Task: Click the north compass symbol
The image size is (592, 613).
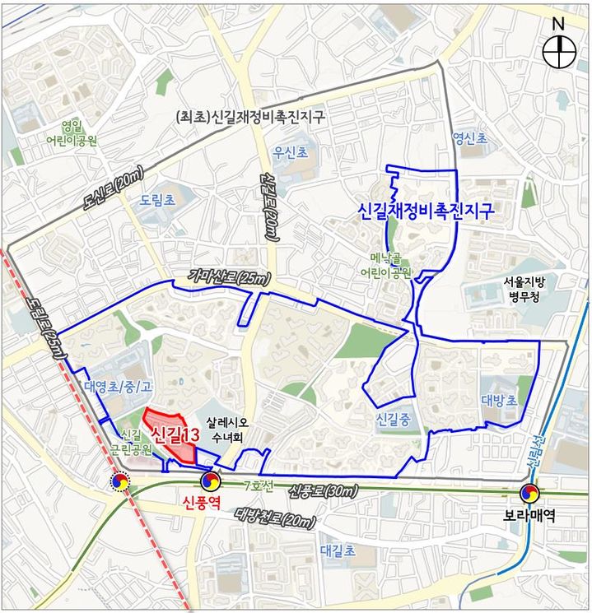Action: click(559, 52)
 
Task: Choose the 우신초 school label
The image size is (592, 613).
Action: click(291, 152)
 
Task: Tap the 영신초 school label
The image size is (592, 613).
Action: click(470, 139)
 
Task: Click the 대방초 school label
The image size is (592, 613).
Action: click(499, 401)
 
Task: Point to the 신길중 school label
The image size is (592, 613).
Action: click(393, 419)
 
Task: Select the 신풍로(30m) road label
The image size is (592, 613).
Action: click(324, 491)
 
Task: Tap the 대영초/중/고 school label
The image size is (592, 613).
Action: click(118, 386)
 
